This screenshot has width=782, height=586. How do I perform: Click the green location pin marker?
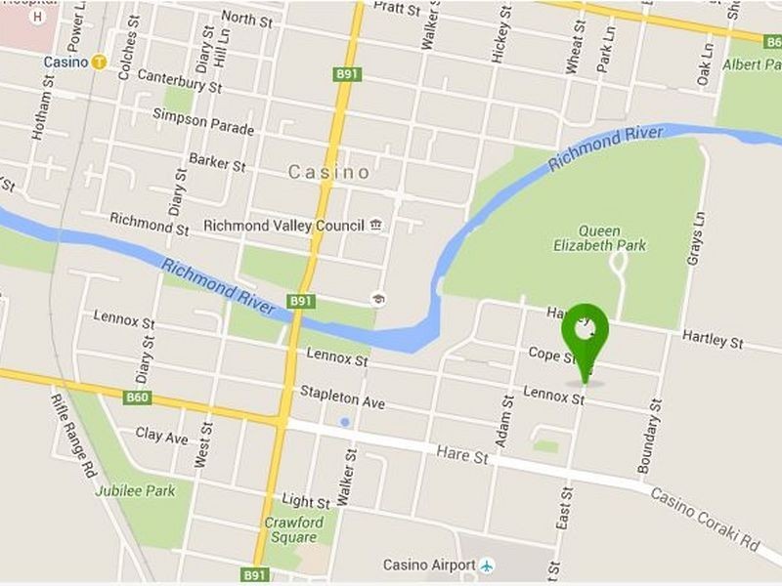coord(585,335)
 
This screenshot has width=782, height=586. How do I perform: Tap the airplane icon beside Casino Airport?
coord(487,565)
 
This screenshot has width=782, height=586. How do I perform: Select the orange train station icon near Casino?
coord(100,62)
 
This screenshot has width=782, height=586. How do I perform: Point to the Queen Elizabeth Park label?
coord(599,239)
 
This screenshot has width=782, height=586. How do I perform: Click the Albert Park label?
coord(752,64)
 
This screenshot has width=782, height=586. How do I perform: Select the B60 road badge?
coord(138,398)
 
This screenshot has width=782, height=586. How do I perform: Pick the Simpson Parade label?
coord(202,122)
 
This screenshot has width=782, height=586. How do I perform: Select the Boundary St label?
coord(649,436)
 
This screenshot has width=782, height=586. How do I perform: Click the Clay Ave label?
coord(162,436)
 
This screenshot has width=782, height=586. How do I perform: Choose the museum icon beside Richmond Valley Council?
coord(376,226)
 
